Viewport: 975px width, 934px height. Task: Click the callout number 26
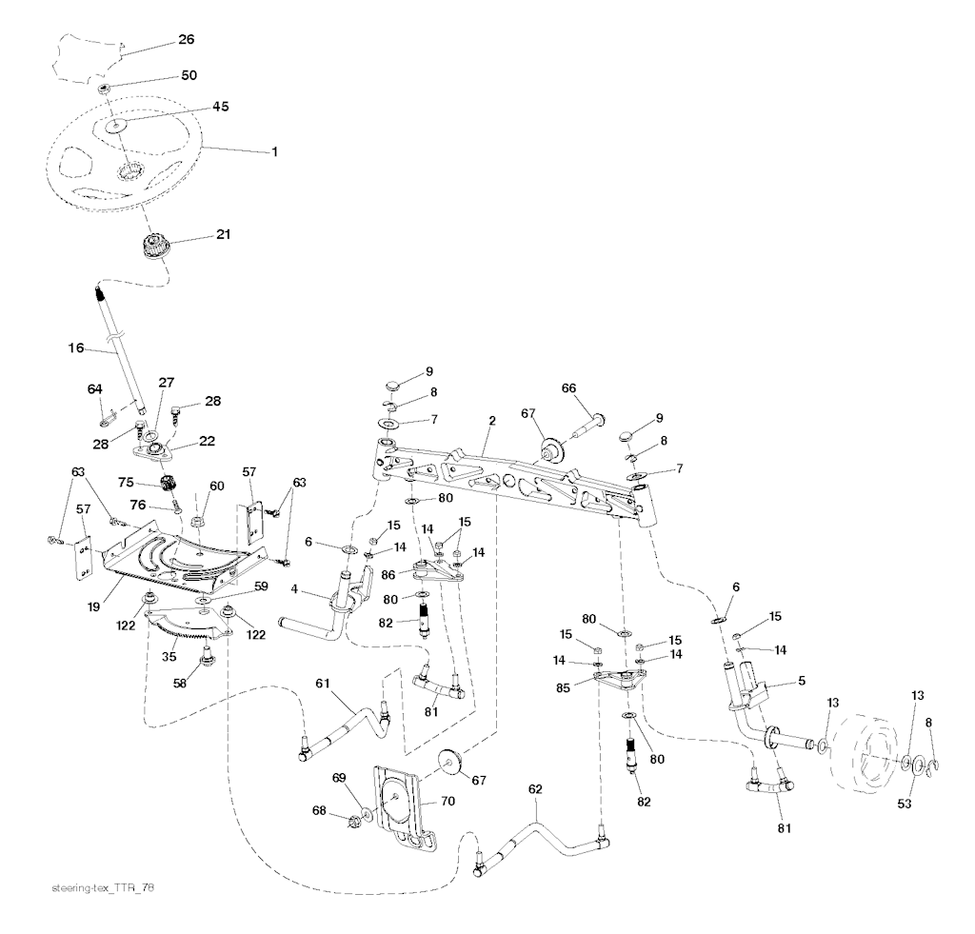tap(186, 40)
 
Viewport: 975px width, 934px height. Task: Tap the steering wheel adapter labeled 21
tap(151, 245)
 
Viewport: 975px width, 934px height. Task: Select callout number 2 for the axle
tap(492, 421)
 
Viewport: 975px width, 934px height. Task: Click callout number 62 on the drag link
tap(534, 789)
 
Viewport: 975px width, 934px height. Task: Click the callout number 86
tap(388, 577)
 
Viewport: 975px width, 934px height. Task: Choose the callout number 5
tap(802, 682)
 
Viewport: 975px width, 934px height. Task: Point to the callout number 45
tap(220, 107)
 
